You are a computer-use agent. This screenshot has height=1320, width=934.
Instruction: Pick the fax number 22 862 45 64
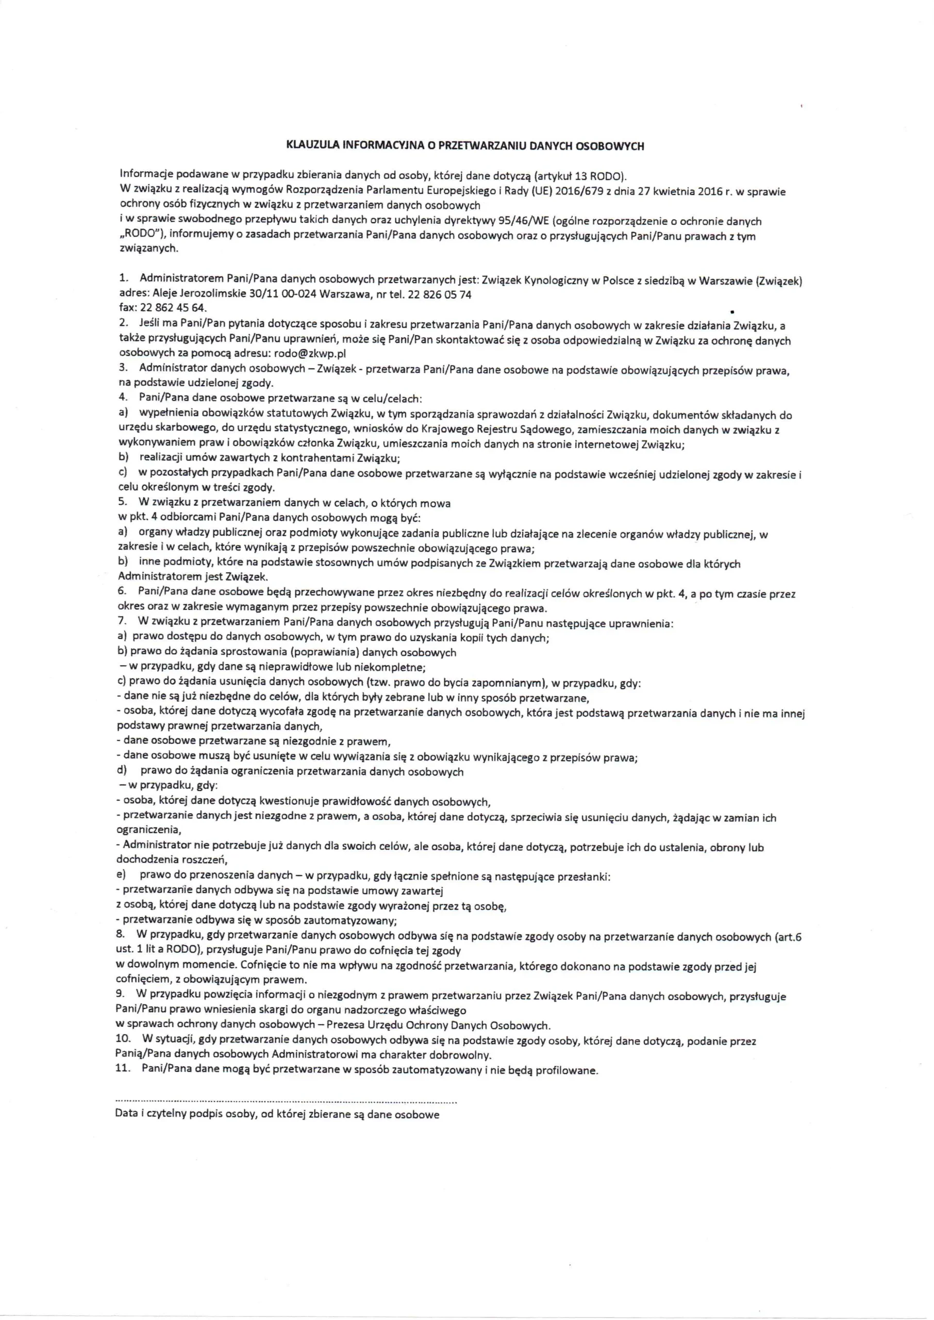(172, 308)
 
